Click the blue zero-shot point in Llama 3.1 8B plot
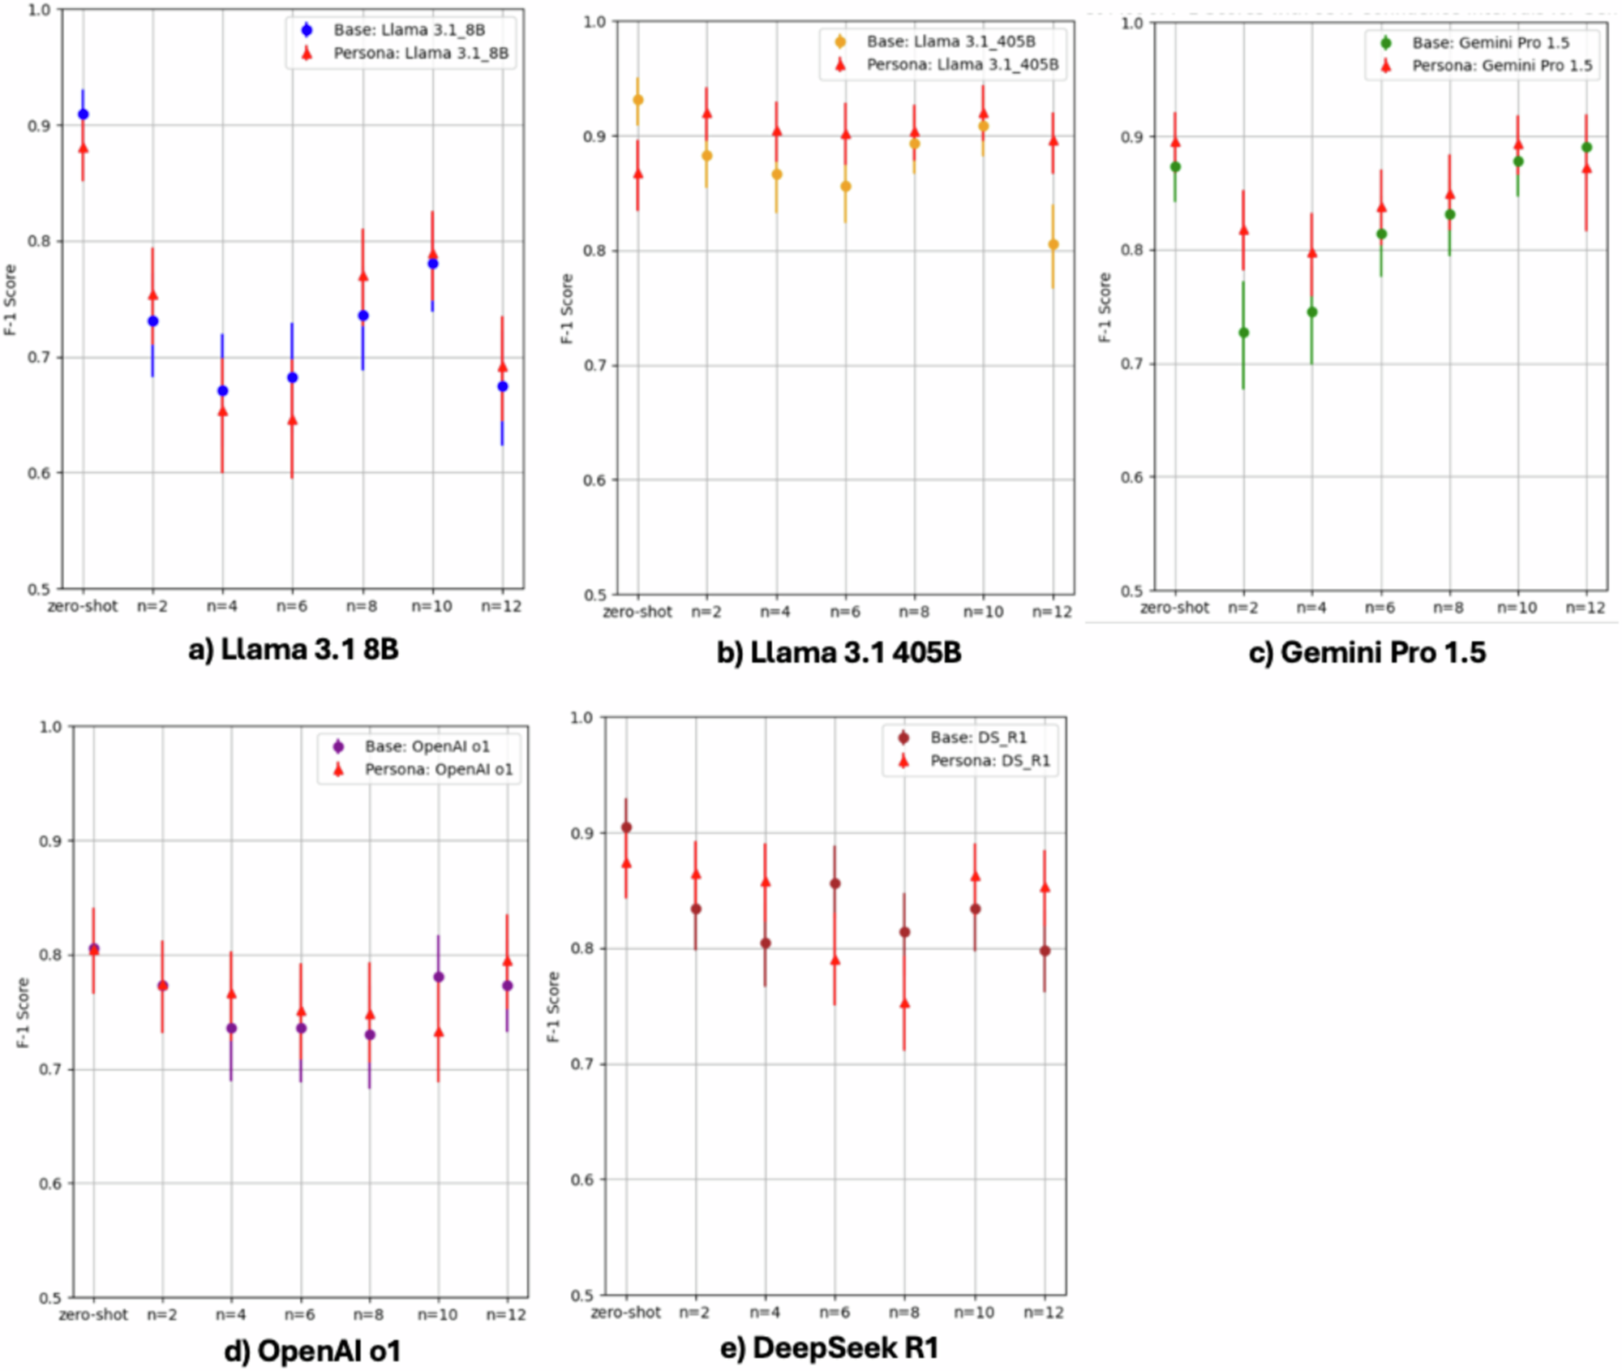click(x=83, y=114)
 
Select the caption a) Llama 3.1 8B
click(x=293, y=650)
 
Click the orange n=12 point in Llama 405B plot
click(x=1053, y=244)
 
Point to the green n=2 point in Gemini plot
click(x=1243, y=333)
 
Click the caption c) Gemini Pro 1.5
click(x=1367, y=652)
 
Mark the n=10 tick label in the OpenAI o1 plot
click(x=438, y=1314)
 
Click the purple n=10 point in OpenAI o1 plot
click(x=439, y=977)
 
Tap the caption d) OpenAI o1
click(x=312, y=1351)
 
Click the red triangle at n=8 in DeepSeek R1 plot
click(x=904, y=1004)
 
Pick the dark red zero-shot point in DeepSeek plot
click(x=626, y=827)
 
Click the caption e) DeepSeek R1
click(x=829, y=1347)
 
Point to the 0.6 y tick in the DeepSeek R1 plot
click(x=581, y=1180)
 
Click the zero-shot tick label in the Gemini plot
click(x=1174, y=608)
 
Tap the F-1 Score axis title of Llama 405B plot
click(x=567, y=308)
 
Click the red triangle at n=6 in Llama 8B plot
click(x=292, y=420)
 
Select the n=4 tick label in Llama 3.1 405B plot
click(x=775, y=612)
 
